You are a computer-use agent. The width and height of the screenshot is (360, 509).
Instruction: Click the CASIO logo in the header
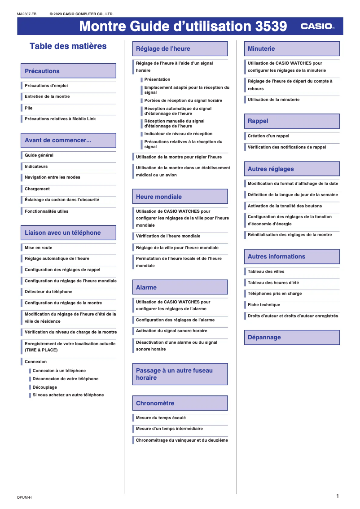(317, 26)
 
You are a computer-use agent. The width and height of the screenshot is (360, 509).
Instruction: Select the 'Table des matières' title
(68, 46)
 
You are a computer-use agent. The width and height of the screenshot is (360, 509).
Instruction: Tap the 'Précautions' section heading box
(68, 71)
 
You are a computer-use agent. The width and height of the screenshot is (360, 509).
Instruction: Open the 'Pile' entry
(29, 108)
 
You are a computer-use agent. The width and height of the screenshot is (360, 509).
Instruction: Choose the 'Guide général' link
(39, 155)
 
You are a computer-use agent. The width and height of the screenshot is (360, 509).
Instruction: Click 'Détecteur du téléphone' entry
(48, 292)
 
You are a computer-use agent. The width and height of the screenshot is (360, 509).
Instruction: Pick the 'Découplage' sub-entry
(45, 387)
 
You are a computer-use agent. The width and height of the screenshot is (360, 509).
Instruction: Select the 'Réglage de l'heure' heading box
(180, 48)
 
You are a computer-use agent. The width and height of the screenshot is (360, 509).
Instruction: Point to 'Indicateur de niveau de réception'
(178, 134)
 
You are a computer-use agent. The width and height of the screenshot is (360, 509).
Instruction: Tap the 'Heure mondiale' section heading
(180, 197)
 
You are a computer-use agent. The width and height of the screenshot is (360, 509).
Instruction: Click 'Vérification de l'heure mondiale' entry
(168, 236)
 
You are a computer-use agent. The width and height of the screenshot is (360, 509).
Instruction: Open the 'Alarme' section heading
(180, 287)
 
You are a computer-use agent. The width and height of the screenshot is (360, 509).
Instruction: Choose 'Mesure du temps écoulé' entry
(161, 418)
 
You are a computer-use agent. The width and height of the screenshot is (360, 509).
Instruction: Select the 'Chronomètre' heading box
(180, 403)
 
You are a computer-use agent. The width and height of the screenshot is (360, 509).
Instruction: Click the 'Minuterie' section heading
(291, 48)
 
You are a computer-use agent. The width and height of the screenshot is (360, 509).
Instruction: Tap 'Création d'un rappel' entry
(268, 136)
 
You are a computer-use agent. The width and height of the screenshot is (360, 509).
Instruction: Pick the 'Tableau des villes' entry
(266, 272)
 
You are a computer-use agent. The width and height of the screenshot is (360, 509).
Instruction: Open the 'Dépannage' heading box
(291, 337)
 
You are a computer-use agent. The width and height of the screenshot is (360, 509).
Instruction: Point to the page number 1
(337, 496)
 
